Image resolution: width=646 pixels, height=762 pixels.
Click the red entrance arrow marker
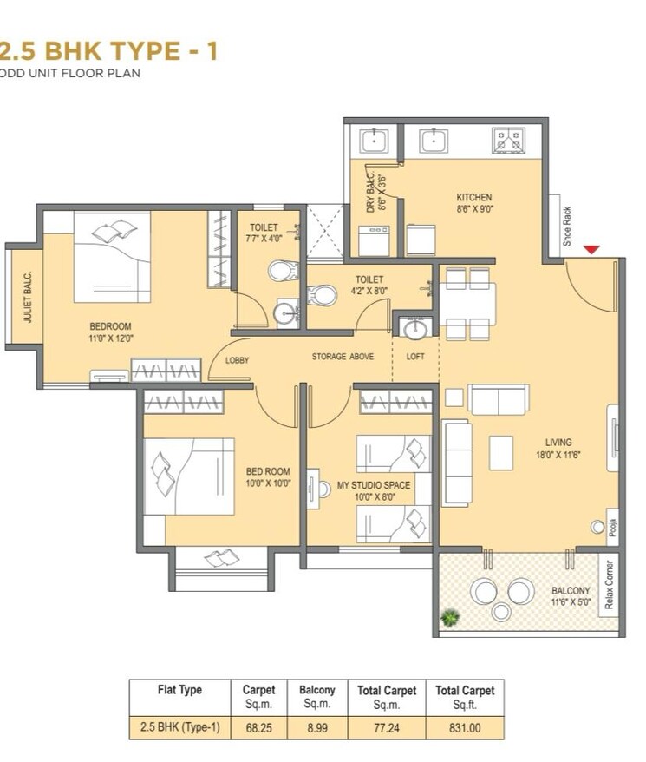pos(591,250)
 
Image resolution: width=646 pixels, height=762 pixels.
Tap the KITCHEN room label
pos(473,197)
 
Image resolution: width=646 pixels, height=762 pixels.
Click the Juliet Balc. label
pos(28,298)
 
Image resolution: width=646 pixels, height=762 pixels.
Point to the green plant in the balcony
pos(449,618)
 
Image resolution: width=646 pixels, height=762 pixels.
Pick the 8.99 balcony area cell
pos(316,728)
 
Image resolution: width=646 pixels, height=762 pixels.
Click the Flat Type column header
pos(179,690)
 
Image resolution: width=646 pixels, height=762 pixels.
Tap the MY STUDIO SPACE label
pos(374,485)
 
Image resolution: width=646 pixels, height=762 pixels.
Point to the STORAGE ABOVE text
pos(343,357)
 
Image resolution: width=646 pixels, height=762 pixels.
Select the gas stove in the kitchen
pos(507,140)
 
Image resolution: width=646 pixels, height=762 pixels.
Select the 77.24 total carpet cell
pos(387,728)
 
